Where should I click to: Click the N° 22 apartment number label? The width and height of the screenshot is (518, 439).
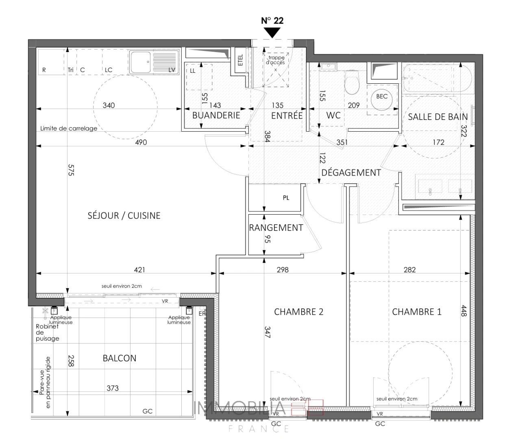pos(272,21)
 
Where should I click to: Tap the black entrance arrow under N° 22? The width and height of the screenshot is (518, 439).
pos(272,33)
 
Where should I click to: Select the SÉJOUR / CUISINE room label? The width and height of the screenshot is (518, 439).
pos(124,215)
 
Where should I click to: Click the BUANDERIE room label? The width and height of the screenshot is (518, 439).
pos(216,115)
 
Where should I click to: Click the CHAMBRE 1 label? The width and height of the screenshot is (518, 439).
pos(416,312)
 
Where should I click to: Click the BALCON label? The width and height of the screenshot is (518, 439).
pos(120,358)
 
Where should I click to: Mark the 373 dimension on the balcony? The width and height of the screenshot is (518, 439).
pos(113,388)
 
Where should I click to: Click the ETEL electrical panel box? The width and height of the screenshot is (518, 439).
pos(240,61)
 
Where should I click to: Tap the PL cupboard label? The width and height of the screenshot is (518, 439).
pos(286,198)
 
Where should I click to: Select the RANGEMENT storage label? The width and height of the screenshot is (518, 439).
pos(276,228)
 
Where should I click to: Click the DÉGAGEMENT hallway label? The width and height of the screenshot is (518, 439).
pos(351,172)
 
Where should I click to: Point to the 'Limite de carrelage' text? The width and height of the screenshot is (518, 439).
pos(69,128)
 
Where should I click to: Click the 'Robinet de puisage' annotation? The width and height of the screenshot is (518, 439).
pos(47,332)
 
